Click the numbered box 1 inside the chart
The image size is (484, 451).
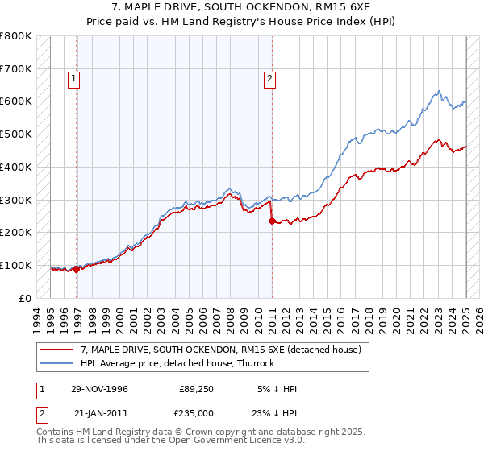[x=73, y=79]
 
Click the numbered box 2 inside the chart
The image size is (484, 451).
[x=269, y=79]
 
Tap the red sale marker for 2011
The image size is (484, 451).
[x=272, y=221]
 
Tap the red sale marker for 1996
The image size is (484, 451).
[x=77, y=269]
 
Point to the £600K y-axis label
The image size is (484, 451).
[x=16, y=101]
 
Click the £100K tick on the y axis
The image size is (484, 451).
[x=16, y=265]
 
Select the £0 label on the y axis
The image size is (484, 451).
[x=24, y=298]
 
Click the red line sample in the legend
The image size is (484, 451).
[x=57, y=350]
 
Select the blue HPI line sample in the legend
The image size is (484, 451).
[x=57, y=363]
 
